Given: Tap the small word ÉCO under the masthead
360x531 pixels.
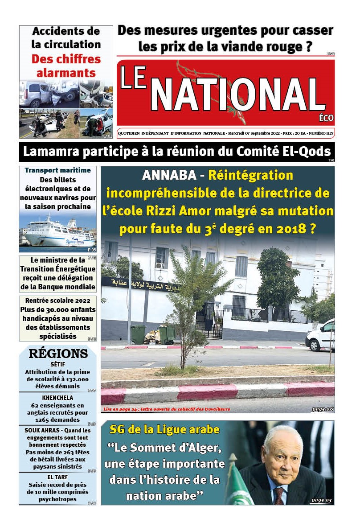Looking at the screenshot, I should click(x=326, y=118).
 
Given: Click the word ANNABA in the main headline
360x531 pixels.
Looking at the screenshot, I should click(x=168, y=176).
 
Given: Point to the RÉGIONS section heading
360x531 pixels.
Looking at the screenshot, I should click(x=58, y=354).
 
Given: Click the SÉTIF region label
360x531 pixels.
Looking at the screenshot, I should click(x=58, y=364).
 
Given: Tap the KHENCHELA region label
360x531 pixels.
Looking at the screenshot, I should click(x=58, y=397).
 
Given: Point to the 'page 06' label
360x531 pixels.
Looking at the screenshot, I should click(x=322, y=408).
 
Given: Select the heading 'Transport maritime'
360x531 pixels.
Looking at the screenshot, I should click(x=58, y=170).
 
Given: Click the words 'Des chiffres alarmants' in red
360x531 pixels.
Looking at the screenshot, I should click(x=66, y=66).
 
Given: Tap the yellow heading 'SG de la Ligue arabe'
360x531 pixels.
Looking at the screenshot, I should click(x=164, y=429).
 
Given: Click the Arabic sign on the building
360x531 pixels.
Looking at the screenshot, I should click(x=138, y=283).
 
